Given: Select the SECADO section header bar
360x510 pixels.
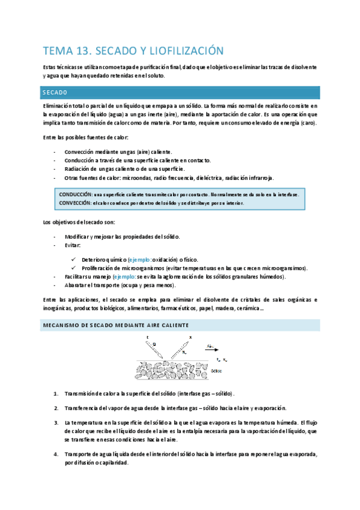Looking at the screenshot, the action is (180, 92).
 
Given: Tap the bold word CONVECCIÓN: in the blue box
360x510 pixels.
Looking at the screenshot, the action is (76, 203).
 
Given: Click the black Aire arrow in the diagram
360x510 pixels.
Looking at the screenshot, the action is (213, 348).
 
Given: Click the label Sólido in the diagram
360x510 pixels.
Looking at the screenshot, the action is (218, 371).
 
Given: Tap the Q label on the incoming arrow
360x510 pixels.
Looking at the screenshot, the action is (154, 345).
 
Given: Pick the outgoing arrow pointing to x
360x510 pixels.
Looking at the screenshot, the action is (182, 345).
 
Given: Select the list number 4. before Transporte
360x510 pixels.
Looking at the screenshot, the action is (55, 455).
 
